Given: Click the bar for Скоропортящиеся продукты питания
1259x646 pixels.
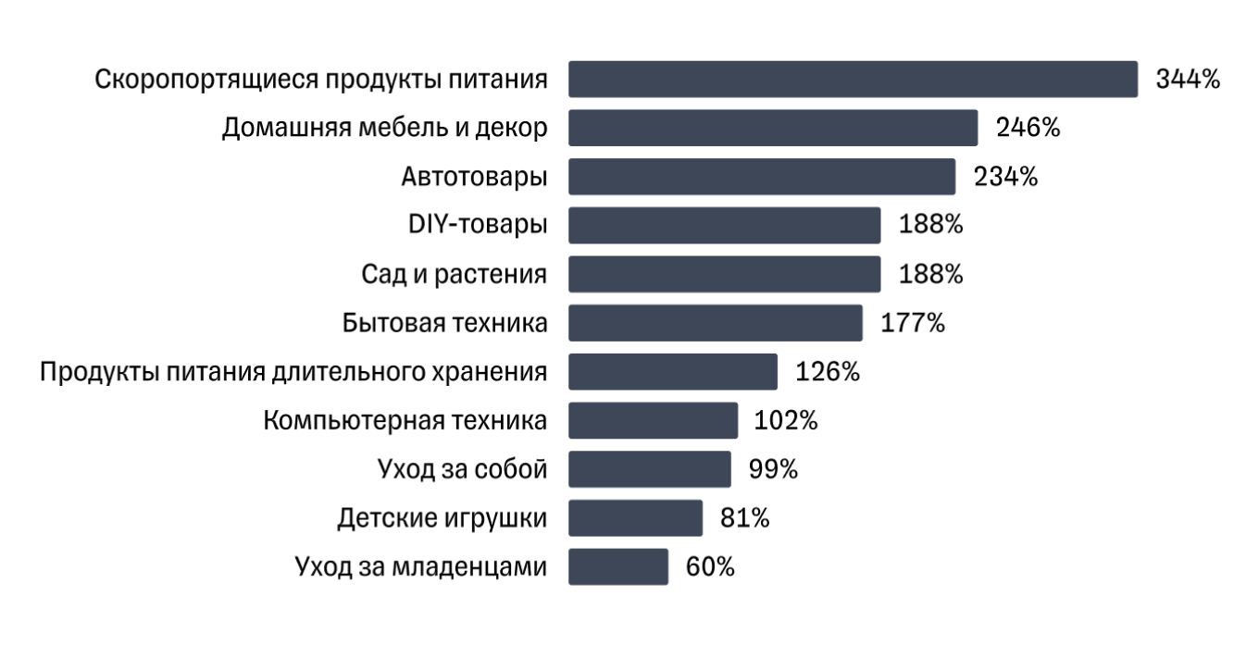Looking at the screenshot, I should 852,79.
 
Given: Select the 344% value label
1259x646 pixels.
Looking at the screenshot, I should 1188,79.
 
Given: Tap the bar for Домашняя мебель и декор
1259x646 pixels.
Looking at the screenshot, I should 772,128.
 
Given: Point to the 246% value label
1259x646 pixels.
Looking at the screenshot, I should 1028,128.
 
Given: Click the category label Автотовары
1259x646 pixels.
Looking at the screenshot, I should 473,177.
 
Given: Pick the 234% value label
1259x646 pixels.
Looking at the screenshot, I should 1005,177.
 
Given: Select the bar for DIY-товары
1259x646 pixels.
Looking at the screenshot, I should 724,225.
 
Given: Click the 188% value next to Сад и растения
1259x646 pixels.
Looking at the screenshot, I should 930,274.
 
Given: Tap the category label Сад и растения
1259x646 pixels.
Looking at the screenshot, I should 454,275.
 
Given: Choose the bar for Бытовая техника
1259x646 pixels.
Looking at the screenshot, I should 715,323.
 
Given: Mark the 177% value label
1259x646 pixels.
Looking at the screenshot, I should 913,323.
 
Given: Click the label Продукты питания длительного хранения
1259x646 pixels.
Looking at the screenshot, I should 293,372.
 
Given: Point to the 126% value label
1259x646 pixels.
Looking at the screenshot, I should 828,372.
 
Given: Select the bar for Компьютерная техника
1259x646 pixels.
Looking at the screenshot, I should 653,420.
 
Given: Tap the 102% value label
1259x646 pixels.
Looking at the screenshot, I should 788,420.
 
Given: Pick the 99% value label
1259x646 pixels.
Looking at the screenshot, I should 773,469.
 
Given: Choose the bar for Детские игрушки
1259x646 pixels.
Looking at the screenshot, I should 635,518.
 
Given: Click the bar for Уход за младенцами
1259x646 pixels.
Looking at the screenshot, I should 617,566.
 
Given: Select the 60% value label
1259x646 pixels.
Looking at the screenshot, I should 710,566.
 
